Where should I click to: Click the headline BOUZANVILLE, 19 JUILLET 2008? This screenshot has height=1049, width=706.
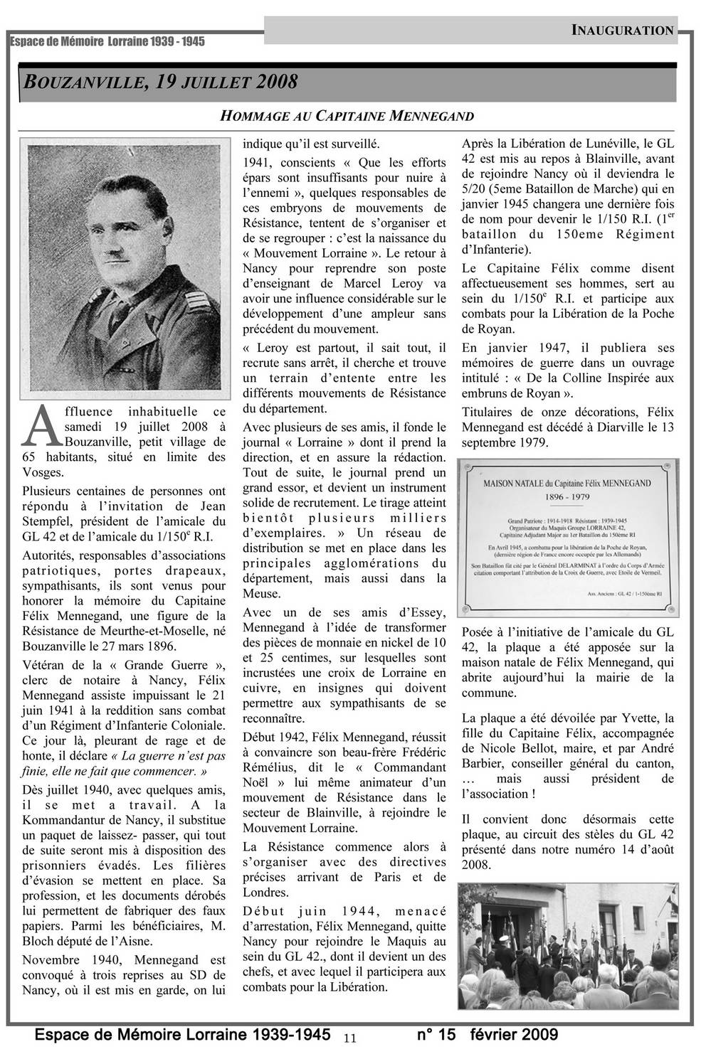pyautogui.click(x=161, y=82)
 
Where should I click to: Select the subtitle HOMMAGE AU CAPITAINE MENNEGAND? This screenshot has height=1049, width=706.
pyautogui.click(x=347, y=115)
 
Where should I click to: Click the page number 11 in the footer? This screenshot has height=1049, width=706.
pyautogui.click(x=349, y=1038)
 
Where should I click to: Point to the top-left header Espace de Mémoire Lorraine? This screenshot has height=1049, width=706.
pyautogui.click(x=107, y=41)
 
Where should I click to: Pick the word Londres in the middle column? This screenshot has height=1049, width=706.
pyautogui.click(x=265, y=893)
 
